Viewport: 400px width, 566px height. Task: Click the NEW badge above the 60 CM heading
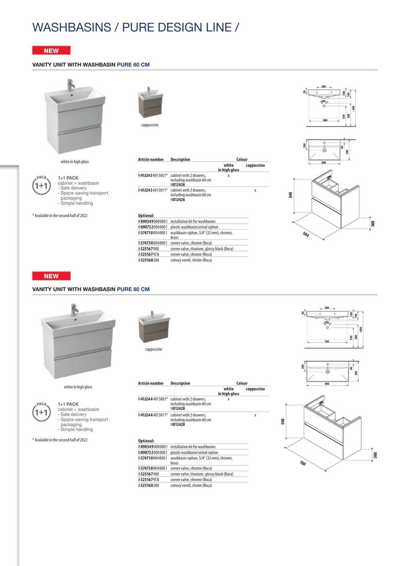coord(51,51)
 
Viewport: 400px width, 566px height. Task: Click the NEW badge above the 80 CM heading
coord(51,276)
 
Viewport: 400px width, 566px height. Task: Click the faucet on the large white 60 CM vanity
coord(72,84)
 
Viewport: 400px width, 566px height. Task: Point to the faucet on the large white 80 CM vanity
coord(75,309)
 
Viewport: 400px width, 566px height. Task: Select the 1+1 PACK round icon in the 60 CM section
coord(41,185)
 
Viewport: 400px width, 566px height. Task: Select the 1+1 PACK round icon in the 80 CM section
coord(41,412)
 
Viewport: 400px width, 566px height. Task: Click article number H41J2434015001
coord(153,175)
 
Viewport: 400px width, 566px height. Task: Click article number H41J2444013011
coord(153,415)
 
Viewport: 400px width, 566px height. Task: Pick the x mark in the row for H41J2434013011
coord(255,190)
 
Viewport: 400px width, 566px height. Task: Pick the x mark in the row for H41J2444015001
coord(229,399)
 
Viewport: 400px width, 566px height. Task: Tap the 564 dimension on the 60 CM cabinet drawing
coord(306,234)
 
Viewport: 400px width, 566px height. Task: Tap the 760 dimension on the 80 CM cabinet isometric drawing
coord(303,463)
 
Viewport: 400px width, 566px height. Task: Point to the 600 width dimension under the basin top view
coord(324,163)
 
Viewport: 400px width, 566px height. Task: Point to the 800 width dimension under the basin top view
coord(327,384)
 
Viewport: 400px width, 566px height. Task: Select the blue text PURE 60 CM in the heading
coord(133,65)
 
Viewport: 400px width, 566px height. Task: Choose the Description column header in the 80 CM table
coord(180,383)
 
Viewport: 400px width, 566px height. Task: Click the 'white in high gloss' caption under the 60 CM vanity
coord(75,162)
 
